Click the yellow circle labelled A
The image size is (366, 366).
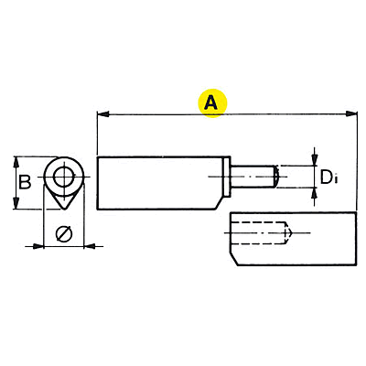[x=212, y=103]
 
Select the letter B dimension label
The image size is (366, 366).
[x=25, y=182]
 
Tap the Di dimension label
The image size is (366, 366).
[x=328, y=177]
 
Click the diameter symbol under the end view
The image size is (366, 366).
[x=64, y=234]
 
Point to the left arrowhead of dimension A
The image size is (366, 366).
[x=102, y=114]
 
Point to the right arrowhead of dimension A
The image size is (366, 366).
[x=351, y=114]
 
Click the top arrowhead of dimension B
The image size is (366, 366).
[x=16, y=163]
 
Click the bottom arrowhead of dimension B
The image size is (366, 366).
[x=16, y=203]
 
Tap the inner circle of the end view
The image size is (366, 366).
[x=64, y=177]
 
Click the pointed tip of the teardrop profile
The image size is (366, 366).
[x=64, y=209]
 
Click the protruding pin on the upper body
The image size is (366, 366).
[x=253, y=177]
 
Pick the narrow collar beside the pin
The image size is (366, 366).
[x=227, y=177]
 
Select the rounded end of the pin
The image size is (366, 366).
[x=275, y=177]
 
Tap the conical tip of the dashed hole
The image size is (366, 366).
[x=288, y=233]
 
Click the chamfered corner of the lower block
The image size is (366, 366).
[x=234, y=259]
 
